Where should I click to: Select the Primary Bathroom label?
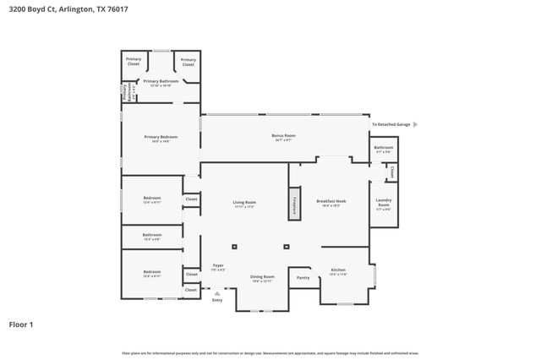(161, 83)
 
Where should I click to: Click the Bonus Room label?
(283, 137)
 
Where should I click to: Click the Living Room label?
(244, 204)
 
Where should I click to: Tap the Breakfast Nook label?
(328, 202)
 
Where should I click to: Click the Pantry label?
(303, 277)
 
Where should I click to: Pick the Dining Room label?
(262, 278)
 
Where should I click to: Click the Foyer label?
(218, 267)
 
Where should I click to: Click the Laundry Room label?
(383, 203)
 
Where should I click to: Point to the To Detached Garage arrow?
(415, 124)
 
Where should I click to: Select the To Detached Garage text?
(391, 124)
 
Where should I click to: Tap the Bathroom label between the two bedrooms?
(152, 236)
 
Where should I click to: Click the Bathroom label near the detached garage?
(384, 148)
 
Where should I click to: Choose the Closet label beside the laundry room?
(392, 172)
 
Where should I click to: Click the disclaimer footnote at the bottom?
(270, 352)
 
